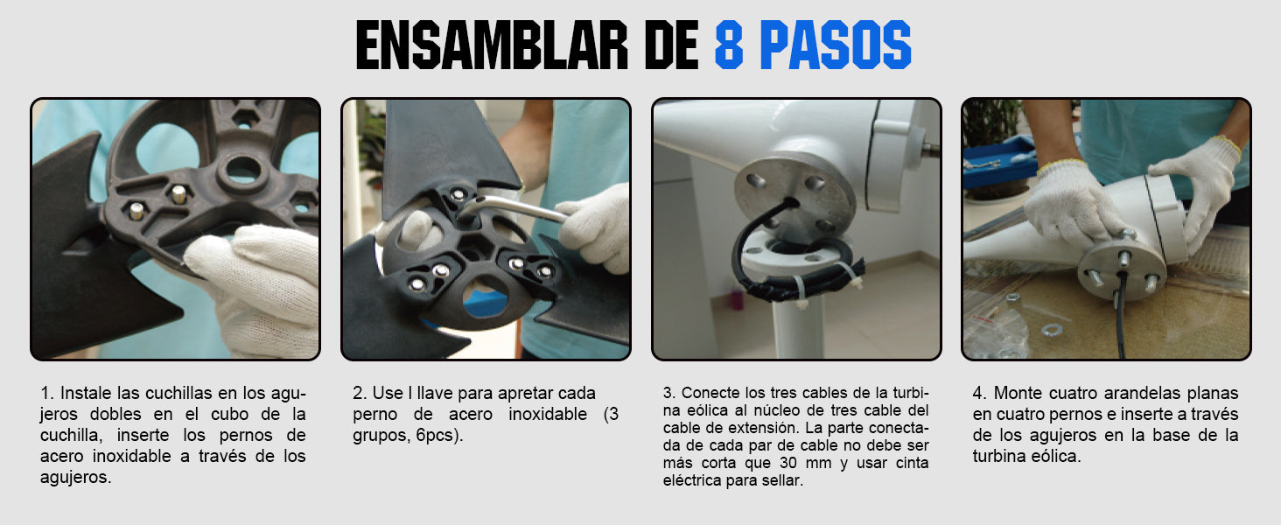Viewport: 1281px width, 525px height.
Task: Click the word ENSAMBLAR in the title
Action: (492, 45)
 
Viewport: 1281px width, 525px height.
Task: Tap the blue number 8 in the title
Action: (729, 45)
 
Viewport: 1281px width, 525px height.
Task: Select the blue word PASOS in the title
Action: (836, 45)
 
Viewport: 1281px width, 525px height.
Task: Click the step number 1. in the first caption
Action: (46, 394)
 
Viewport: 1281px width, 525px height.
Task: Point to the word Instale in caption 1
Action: (86, 394)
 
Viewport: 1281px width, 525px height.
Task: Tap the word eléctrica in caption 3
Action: (691, 481)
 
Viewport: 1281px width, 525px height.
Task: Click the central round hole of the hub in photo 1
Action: (243, 169)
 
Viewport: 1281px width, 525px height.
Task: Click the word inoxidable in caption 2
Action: (548, 415)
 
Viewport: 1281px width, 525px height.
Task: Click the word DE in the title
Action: (671, 45)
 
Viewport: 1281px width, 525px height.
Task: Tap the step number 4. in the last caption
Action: (980, 394)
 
